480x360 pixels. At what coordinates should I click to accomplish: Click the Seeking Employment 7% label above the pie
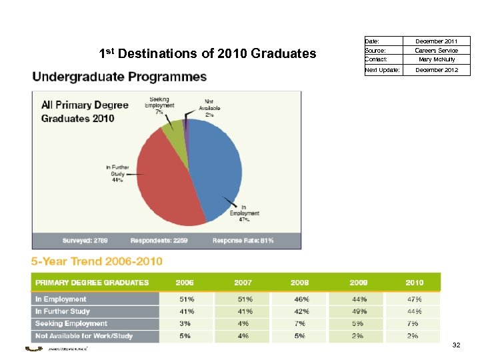click(x=159, y=105)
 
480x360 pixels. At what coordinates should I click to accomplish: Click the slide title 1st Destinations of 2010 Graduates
click(x=207, y=53)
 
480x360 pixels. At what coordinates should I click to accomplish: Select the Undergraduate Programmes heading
click(x=120, y=77)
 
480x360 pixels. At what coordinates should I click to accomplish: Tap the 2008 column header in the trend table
click(x=299, y=283)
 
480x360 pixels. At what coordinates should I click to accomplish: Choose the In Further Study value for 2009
click(x=359, y=311)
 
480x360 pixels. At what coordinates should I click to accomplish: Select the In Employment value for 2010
click(x=414, y=299)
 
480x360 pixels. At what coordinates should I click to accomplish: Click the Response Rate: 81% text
click(x=243, y=240)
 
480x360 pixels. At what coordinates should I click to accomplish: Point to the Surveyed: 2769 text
click(x=85, y=240)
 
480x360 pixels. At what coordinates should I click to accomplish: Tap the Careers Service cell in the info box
click(x=436, y=50)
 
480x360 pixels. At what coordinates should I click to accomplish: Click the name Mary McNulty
click(x=436, y=59)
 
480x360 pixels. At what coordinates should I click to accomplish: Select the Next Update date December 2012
click(x=436, y=69)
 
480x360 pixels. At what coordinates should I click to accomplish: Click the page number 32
click(x=456, y=345)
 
